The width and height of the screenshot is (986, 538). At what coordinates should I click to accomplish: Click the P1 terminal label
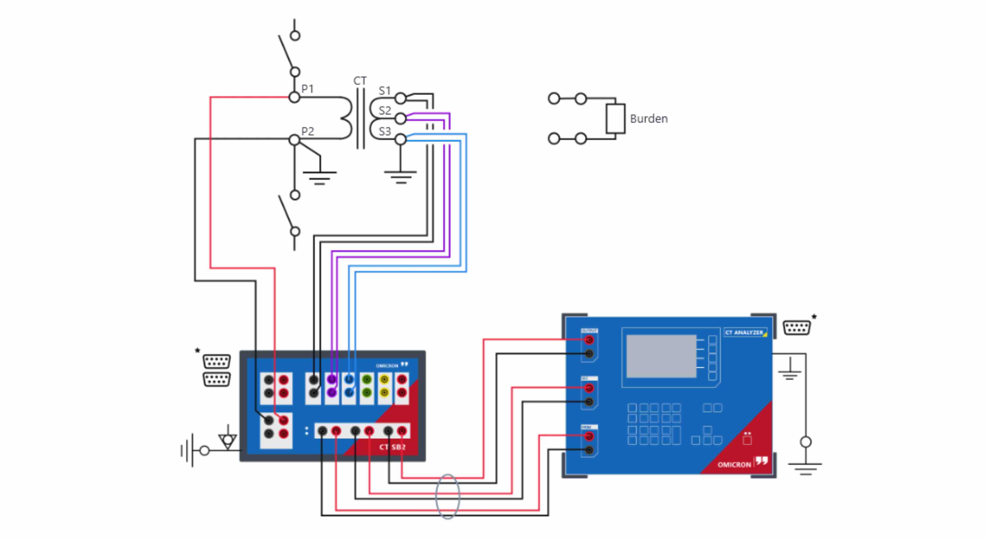[307, 89]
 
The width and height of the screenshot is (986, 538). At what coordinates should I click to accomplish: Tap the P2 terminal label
[307, 131]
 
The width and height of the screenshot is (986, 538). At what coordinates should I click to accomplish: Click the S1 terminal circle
[400, 98]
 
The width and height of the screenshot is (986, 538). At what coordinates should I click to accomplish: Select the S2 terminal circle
[400, 119]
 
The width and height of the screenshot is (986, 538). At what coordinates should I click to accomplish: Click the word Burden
[649, 119]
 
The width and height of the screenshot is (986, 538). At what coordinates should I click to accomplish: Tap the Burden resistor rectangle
[615, 119]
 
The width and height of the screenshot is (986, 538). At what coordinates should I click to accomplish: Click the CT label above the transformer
[360, 81]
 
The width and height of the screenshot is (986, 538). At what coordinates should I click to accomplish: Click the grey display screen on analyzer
[661, 356]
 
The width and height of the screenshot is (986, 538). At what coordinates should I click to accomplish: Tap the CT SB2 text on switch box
[392, 447]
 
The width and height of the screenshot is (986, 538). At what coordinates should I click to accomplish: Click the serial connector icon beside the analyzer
[797, 328]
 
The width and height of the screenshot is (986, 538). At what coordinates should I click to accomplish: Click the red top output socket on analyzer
[589, 340]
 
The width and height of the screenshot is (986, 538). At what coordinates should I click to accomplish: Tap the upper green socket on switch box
[367, 380]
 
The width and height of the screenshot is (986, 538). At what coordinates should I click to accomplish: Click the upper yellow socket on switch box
[384, 380]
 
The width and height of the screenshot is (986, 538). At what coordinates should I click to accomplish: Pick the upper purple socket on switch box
[331, 380]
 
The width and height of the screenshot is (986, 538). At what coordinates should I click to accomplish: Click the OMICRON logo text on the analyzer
[734, 464]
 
